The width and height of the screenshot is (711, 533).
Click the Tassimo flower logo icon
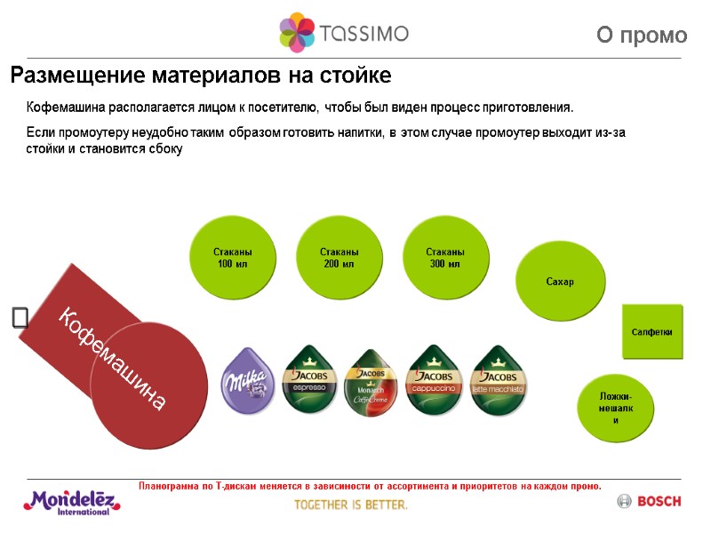[x=297, y=33]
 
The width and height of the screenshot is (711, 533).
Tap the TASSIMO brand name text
[x=364, y=34]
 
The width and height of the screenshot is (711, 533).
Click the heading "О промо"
[x=642, y=36]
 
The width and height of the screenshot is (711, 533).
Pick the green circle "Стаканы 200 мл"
[x=339, y=258]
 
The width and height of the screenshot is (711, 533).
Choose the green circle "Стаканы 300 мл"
[x=444, y=258]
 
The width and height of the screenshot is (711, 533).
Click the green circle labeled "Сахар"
[x=559, y=282]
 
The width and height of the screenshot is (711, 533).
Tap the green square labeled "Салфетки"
[x=651, y=331]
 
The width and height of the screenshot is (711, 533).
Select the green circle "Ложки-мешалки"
[x=616, y=408]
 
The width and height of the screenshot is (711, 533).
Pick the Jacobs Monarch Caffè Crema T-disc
[x=371, y=382]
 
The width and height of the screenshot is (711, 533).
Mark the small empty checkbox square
[x=20, y=318]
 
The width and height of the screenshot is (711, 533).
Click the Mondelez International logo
[x=72, y=502]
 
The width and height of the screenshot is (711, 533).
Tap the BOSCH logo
[x=649, y=502]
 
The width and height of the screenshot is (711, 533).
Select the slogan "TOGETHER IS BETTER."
[x=351, y=505]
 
